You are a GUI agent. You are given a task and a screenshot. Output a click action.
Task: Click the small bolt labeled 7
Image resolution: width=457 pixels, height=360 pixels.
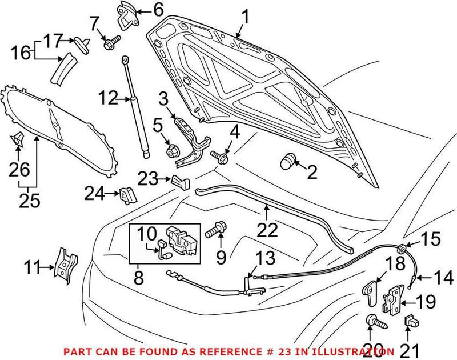tap(112, 41)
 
